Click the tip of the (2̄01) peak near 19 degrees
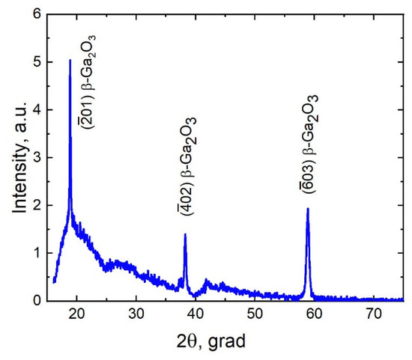coord(70,61)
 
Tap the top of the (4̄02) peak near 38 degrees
coord(185,234)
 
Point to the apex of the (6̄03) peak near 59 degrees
coord(308,209)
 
